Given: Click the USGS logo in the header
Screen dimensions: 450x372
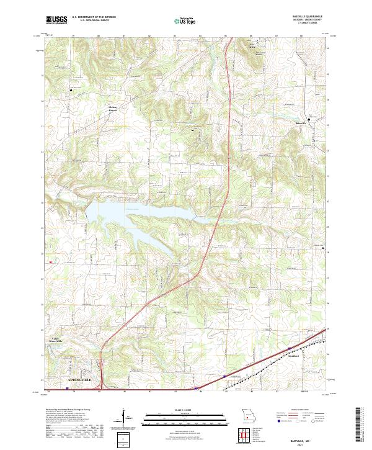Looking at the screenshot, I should (57, 20).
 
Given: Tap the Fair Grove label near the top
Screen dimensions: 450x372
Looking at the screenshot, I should (252, 47).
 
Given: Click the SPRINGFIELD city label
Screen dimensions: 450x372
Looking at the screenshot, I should (79, 379).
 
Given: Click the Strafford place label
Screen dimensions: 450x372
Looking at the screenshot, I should (293, 356).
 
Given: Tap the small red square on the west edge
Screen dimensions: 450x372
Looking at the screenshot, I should (50, 263).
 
